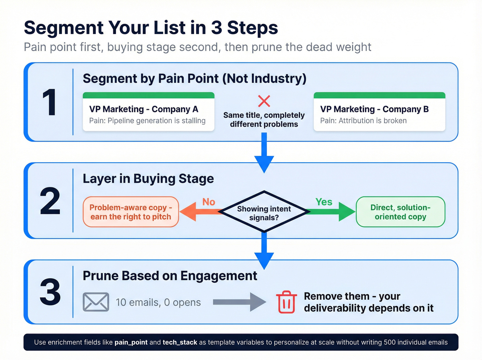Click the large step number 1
[49, 103]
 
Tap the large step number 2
[50, 201]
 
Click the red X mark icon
[264, 101]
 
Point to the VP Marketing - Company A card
[148, 112]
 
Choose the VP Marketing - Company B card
[379, 112]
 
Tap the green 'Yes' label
[324, 202]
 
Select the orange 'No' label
[209, 202]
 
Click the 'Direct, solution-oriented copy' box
[400, 212]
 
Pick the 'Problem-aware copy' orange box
[131, 212]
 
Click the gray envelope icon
[96, 302]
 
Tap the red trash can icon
[286, 302]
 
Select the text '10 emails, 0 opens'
[158, 302]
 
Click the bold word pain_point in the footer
[131, 342]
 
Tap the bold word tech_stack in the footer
[180, 342]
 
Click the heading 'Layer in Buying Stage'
[148, 179]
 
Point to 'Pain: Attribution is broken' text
[363, 121]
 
